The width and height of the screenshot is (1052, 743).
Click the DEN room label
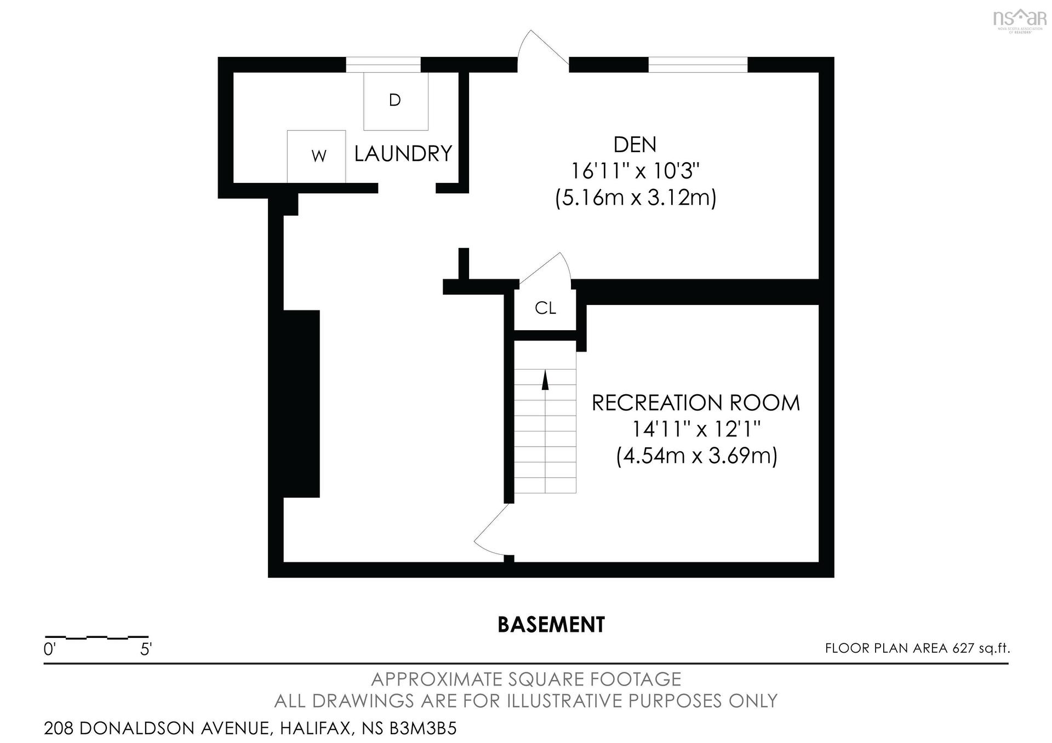tap(634, 145)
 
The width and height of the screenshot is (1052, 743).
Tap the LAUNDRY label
tap(403, 154)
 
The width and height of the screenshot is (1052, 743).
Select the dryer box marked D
tap(396, 101)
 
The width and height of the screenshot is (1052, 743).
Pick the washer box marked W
tap(316, 156)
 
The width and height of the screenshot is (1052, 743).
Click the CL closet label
tap(545, 309)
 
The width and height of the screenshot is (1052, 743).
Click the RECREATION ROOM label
tap(696, 403)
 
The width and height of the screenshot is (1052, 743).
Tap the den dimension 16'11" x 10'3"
tap(636, 171)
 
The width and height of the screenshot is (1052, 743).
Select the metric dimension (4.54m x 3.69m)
tap(696, 456)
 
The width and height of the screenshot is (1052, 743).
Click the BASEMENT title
tap(551, 625)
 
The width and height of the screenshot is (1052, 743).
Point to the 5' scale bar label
tap(146, 650)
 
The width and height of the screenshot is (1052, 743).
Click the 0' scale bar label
tap(49, 650)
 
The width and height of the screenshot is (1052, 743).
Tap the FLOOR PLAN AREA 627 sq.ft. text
tap(918, 648)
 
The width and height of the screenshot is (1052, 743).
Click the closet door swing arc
tap(548, 268)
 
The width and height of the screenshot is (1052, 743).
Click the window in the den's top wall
tap(698, 65)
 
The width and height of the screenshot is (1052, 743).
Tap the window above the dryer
tap(383, 65)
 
